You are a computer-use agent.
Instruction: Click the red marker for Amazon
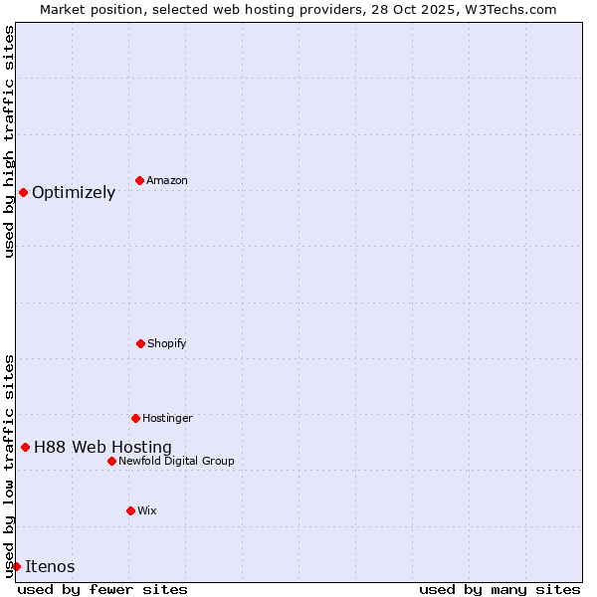point(139,180)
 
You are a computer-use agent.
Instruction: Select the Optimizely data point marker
point(23,192)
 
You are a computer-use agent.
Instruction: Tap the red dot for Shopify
point(140,343)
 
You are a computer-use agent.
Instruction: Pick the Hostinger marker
point(135,418)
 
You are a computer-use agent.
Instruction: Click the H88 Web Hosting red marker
point(25,447)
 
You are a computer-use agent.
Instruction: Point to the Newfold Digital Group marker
point(111,461)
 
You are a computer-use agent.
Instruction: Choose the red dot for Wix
point(130,510)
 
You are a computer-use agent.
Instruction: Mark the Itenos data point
point(16,566)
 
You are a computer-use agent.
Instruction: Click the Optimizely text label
point(74,193)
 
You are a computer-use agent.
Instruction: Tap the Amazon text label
point(167,181)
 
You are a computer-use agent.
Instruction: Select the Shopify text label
point(167,344)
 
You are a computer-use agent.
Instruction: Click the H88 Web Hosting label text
point(102,448)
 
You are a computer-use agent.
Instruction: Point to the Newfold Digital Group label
point(176,462)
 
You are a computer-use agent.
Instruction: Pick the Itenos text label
point(50,567)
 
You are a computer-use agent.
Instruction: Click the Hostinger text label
point(167,419)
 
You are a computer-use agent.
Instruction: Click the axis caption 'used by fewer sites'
point(102,589)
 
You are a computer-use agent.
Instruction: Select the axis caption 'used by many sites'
point(499,589)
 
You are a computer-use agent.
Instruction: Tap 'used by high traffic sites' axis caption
point(9,141)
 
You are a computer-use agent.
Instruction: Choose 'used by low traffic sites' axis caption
point(9,466)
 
